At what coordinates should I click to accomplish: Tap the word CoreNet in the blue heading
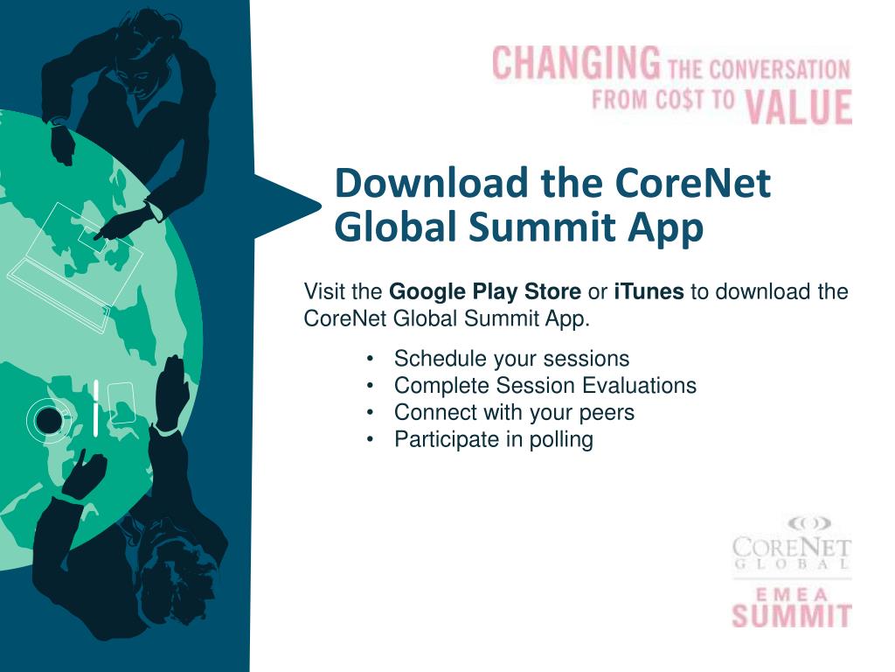coord(693,184)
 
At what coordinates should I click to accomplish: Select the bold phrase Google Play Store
coord(484,291)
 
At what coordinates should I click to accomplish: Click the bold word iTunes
coord(649,291)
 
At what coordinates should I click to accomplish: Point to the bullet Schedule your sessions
coord(511,359)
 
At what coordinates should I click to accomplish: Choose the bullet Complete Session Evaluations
coord(545,385)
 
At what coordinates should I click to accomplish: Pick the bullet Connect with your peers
coord(514,412)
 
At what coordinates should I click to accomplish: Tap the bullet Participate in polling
coord(494,439)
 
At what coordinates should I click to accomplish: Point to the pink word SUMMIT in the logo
coord(792,613)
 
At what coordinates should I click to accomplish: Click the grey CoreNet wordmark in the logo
coord(792,549)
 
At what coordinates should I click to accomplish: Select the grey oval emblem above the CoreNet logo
coord(808,523)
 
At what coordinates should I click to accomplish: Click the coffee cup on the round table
coord(49,421)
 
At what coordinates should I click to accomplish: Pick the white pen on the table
coord(95,408)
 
